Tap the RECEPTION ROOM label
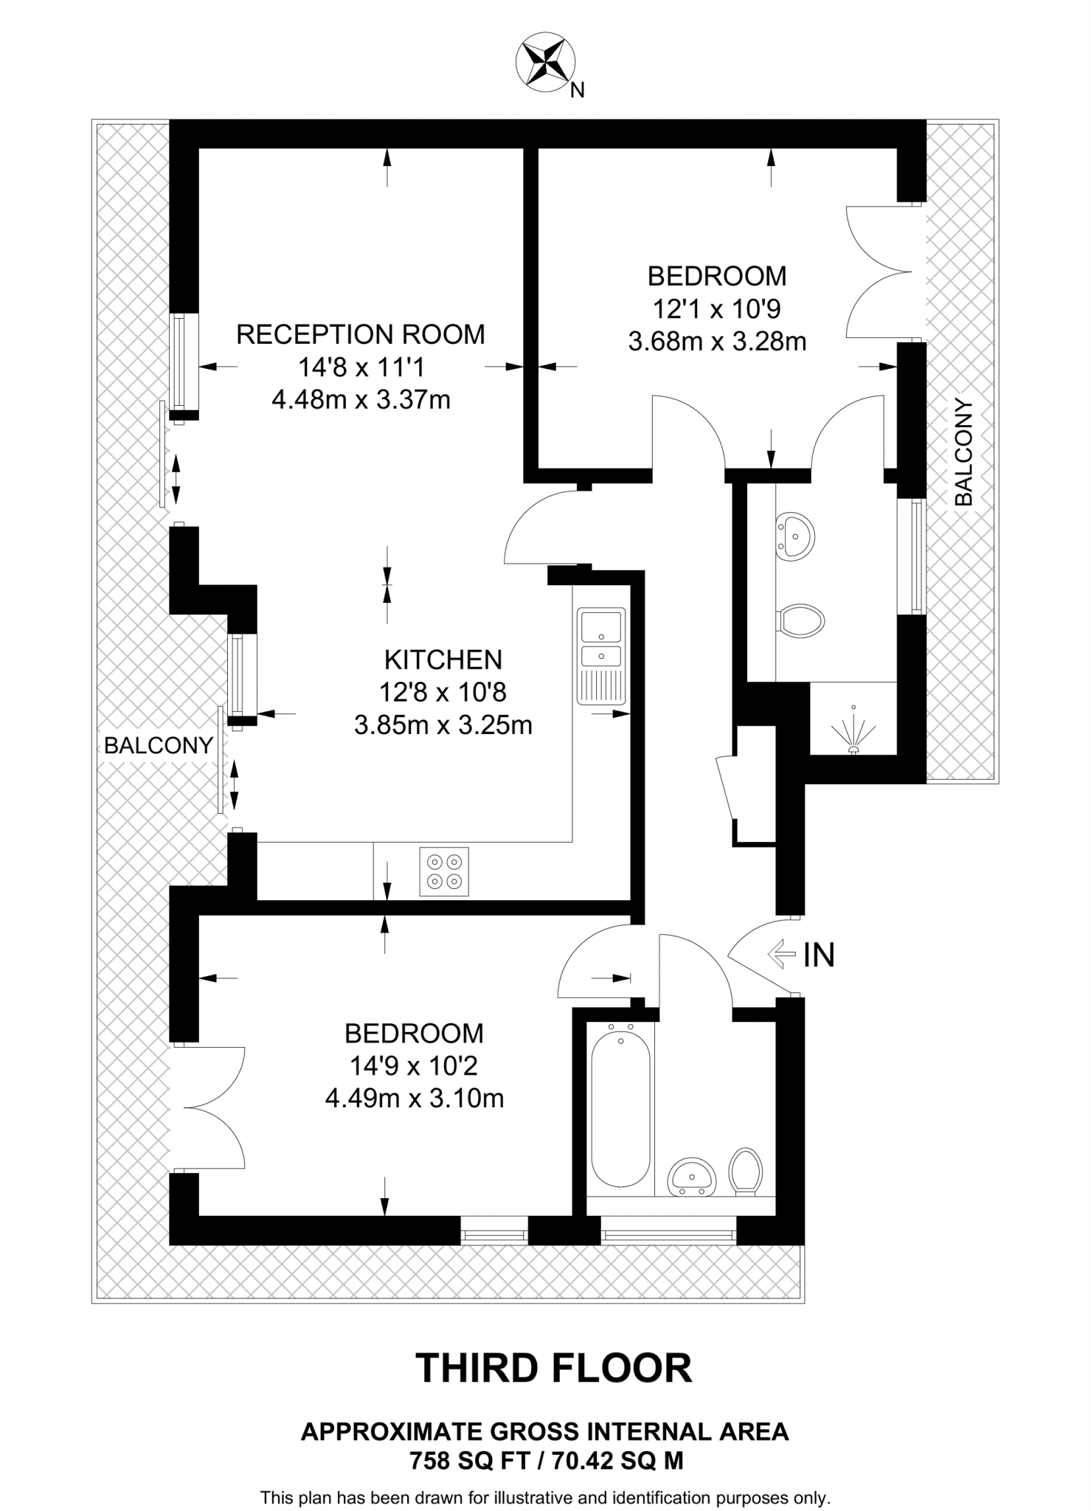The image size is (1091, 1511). (360, 334)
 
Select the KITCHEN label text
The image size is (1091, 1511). (443, 659)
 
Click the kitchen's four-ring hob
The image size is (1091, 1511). (444, 871)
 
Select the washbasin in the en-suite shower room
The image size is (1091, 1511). (795, 534)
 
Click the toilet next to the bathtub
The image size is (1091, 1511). (746, 1169)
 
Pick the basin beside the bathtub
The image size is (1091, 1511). (691, 1176)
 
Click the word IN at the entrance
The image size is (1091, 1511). (819, 955)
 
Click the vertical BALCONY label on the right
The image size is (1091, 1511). (963, 452)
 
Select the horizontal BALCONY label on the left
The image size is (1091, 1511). (158, 745)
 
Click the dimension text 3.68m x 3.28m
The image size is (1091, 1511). (717, 342)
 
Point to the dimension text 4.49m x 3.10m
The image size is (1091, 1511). (415, 1099)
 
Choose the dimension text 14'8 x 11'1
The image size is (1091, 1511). (361, 367)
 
